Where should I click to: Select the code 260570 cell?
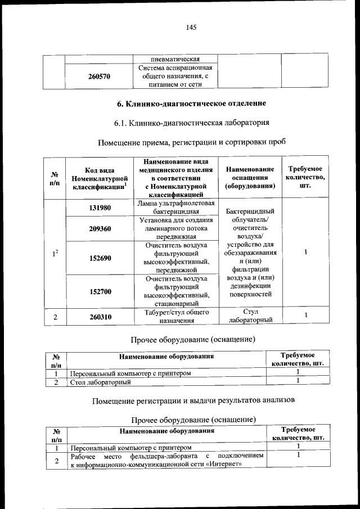99,76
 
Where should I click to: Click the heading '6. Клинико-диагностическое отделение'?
191,104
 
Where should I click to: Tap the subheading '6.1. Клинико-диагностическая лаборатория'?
191,123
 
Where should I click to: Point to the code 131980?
100,208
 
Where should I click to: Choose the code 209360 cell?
100,229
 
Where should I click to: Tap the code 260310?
100,317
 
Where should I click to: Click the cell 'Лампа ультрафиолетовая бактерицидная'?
175,208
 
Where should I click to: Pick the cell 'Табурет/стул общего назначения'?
175,317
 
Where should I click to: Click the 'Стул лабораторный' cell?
250,317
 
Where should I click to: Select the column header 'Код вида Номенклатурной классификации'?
100,178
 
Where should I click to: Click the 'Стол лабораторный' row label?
100,382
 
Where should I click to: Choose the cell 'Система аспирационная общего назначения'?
175,76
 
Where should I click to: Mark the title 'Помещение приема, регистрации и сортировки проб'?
191,142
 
